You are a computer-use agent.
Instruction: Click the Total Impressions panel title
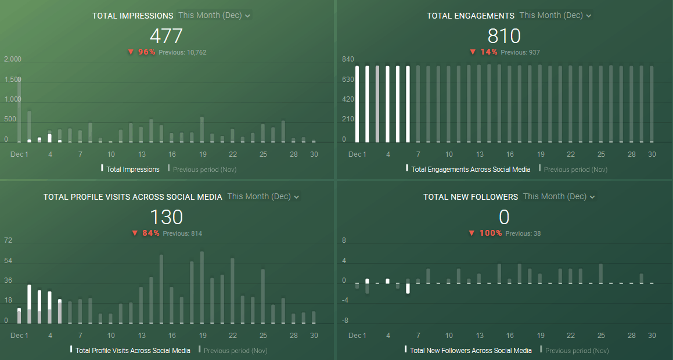click(x=132, y=16)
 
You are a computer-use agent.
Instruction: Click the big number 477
click(x=166, y=36)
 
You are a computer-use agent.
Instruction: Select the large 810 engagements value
click(x=504, y=36)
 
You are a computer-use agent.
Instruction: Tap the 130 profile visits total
click(x=166, y=217)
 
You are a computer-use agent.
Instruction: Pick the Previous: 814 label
click(x=182, y=233)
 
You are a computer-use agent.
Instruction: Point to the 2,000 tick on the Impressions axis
click(x=13, y=59)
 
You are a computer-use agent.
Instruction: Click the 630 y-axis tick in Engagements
click(x=348, y=80)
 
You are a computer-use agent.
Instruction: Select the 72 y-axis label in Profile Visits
click(x=8, y=240)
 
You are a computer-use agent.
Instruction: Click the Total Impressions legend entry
click(x=132, y=170)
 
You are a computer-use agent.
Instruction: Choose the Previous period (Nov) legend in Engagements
click(x=575, y=170)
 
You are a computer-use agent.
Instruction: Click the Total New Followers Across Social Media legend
click(x=470, y=351)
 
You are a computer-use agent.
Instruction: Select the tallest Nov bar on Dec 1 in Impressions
click(x=19, y=110)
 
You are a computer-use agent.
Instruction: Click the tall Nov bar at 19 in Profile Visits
click(x=202, y=287)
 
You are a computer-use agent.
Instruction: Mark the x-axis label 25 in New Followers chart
click(x=601, y=335)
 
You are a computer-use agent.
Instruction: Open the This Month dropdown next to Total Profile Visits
click(x=263, y=197)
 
